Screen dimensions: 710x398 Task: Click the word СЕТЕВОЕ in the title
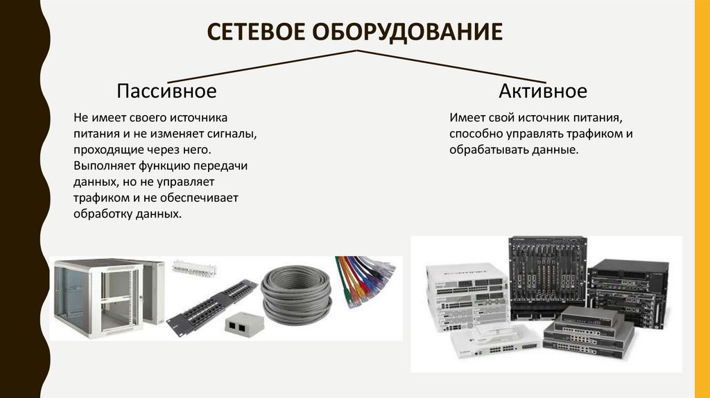256,32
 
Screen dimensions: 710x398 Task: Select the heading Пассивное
166,91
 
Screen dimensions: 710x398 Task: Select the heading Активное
543,91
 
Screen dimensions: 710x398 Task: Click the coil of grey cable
296,295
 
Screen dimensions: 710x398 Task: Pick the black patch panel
212,307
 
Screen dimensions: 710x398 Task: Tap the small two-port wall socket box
244,323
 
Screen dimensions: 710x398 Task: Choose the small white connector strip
194,268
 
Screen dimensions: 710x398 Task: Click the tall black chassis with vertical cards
548,277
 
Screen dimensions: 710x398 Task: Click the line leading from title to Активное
451,67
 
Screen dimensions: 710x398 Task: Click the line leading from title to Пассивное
262,67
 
